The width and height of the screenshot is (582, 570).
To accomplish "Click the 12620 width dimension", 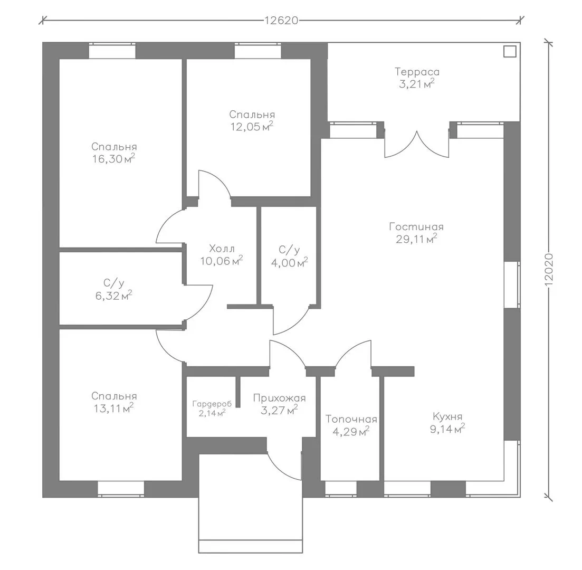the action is [x=281, y=20].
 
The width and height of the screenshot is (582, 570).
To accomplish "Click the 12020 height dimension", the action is [x=549, y=269].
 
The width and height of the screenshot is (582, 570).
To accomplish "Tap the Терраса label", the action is [x=417, y=71].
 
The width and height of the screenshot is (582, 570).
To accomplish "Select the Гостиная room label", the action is [x=416, y=226].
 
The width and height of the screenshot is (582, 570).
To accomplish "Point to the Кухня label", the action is [x=447, y=416].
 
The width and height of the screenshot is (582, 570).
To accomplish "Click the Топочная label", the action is [x=351, y=419].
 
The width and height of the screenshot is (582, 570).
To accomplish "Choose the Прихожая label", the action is [x=279, y=398].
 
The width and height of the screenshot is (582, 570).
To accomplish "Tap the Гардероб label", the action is [x=212, y=404].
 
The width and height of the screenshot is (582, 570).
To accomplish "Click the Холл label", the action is [x=222, y=248].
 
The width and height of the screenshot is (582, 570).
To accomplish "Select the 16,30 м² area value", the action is [x=113, y=158].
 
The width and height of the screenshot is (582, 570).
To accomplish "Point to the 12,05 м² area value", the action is [x=252, y=126].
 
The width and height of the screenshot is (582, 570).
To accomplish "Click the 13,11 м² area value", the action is [x=113, y=408].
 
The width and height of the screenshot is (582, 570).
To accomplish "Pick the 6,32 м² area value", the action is [x=113, y=296].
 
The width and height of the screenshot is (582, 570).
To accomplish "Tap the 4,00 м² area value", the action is [x=289, y=262].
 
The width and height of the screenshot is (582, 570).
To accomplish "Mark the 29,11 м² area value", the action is [x=416, y=239].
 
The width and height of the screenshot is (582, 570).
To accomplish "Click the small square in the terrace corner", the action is [x=510, y=52].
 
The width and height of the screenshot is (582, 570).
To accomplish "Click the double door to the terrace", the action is [x=416, y=144].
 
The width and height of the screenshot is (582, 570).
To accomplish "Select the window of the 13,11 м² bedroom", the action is [x=121, y=489].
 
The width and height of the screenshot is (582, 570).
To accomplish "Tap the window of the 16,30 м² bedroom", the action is [x=112, y=51].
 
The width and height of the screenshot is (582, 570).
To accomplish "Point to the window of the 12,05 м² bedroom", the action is [x=257, y=51].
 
